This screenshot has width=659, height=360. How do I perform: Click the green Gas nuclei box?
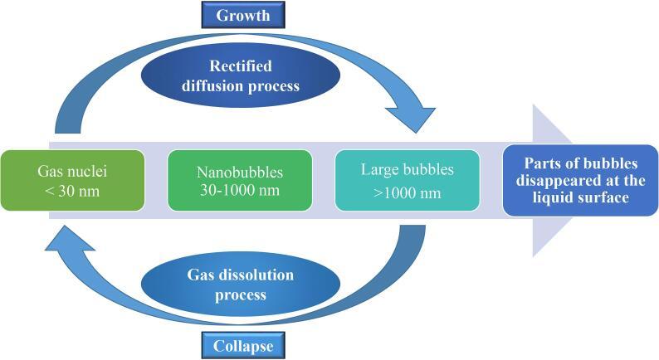point(72,181)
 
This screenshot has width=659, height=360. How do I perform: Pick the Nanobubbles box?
point(239,182)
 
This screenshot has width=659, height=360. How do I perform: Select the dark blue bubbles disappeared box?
point(575,181)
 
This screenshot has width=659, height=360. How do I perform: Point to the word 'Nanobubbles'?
point(239,173)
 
